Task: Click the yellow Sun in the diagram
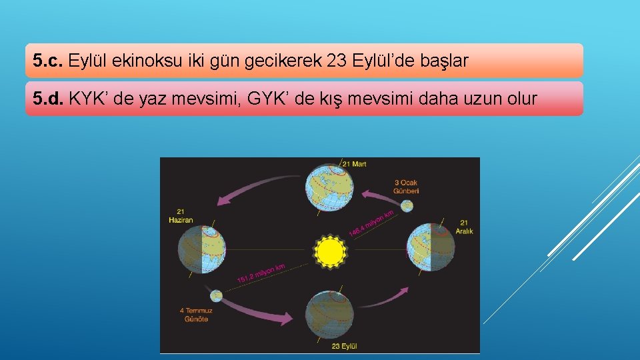click(329, 252)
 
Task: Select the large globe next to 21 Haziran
click(202, 249)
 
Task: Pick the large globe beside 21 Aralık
click(431, 247)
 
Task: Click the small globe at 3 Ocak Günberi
click(407, 205)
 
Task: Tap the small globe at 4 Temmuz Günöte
click(215, 295)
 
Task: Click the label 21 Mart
click(354, 163)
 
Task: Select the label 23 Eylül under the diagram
click(345, 346)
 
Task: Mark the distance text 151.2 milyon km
click(261, 273)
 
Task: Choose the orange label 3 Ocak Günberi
click(406, 187)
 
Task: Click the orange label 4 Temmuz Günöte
click(195, 315)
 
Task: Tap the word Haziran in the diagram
click(181, 220)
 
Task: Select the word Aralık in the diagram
click(464, 231)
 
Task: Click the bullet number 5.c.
click(49, 61)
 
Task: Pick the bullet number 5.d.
click(49, 99)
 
